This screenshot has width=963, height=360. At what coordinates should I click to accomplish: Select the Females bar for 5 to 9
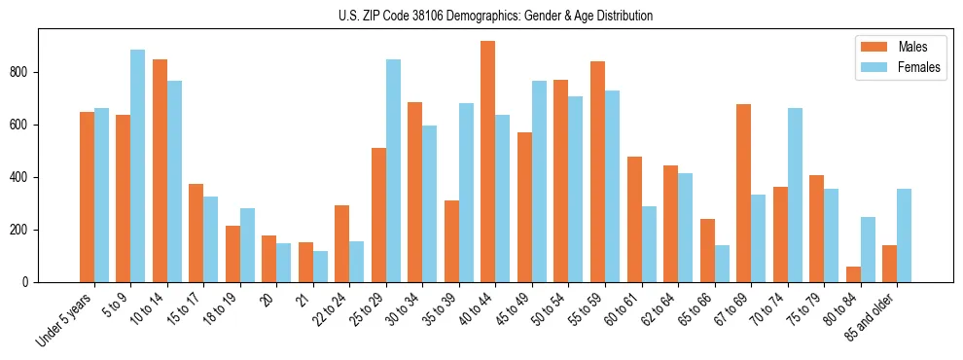(138, 166)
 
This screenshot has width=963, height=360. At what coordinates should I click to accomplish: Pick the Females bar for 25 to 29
(393, 171)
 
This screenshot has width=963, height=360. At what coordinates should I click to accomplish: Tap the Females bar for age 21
(320, 267)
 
